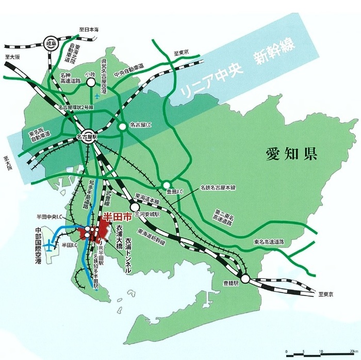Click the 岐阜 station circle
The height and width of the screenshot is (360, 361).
(51, 42)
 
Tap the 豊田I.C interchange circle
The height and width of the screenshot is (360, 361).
(167, 185)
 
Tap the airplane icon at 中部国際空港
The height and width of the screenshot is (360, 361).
(50, 247)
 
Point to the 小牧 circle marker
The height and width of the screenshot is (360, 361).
(91, 81)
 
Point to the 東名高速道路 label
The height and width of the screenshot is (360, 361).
(271, 241)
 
